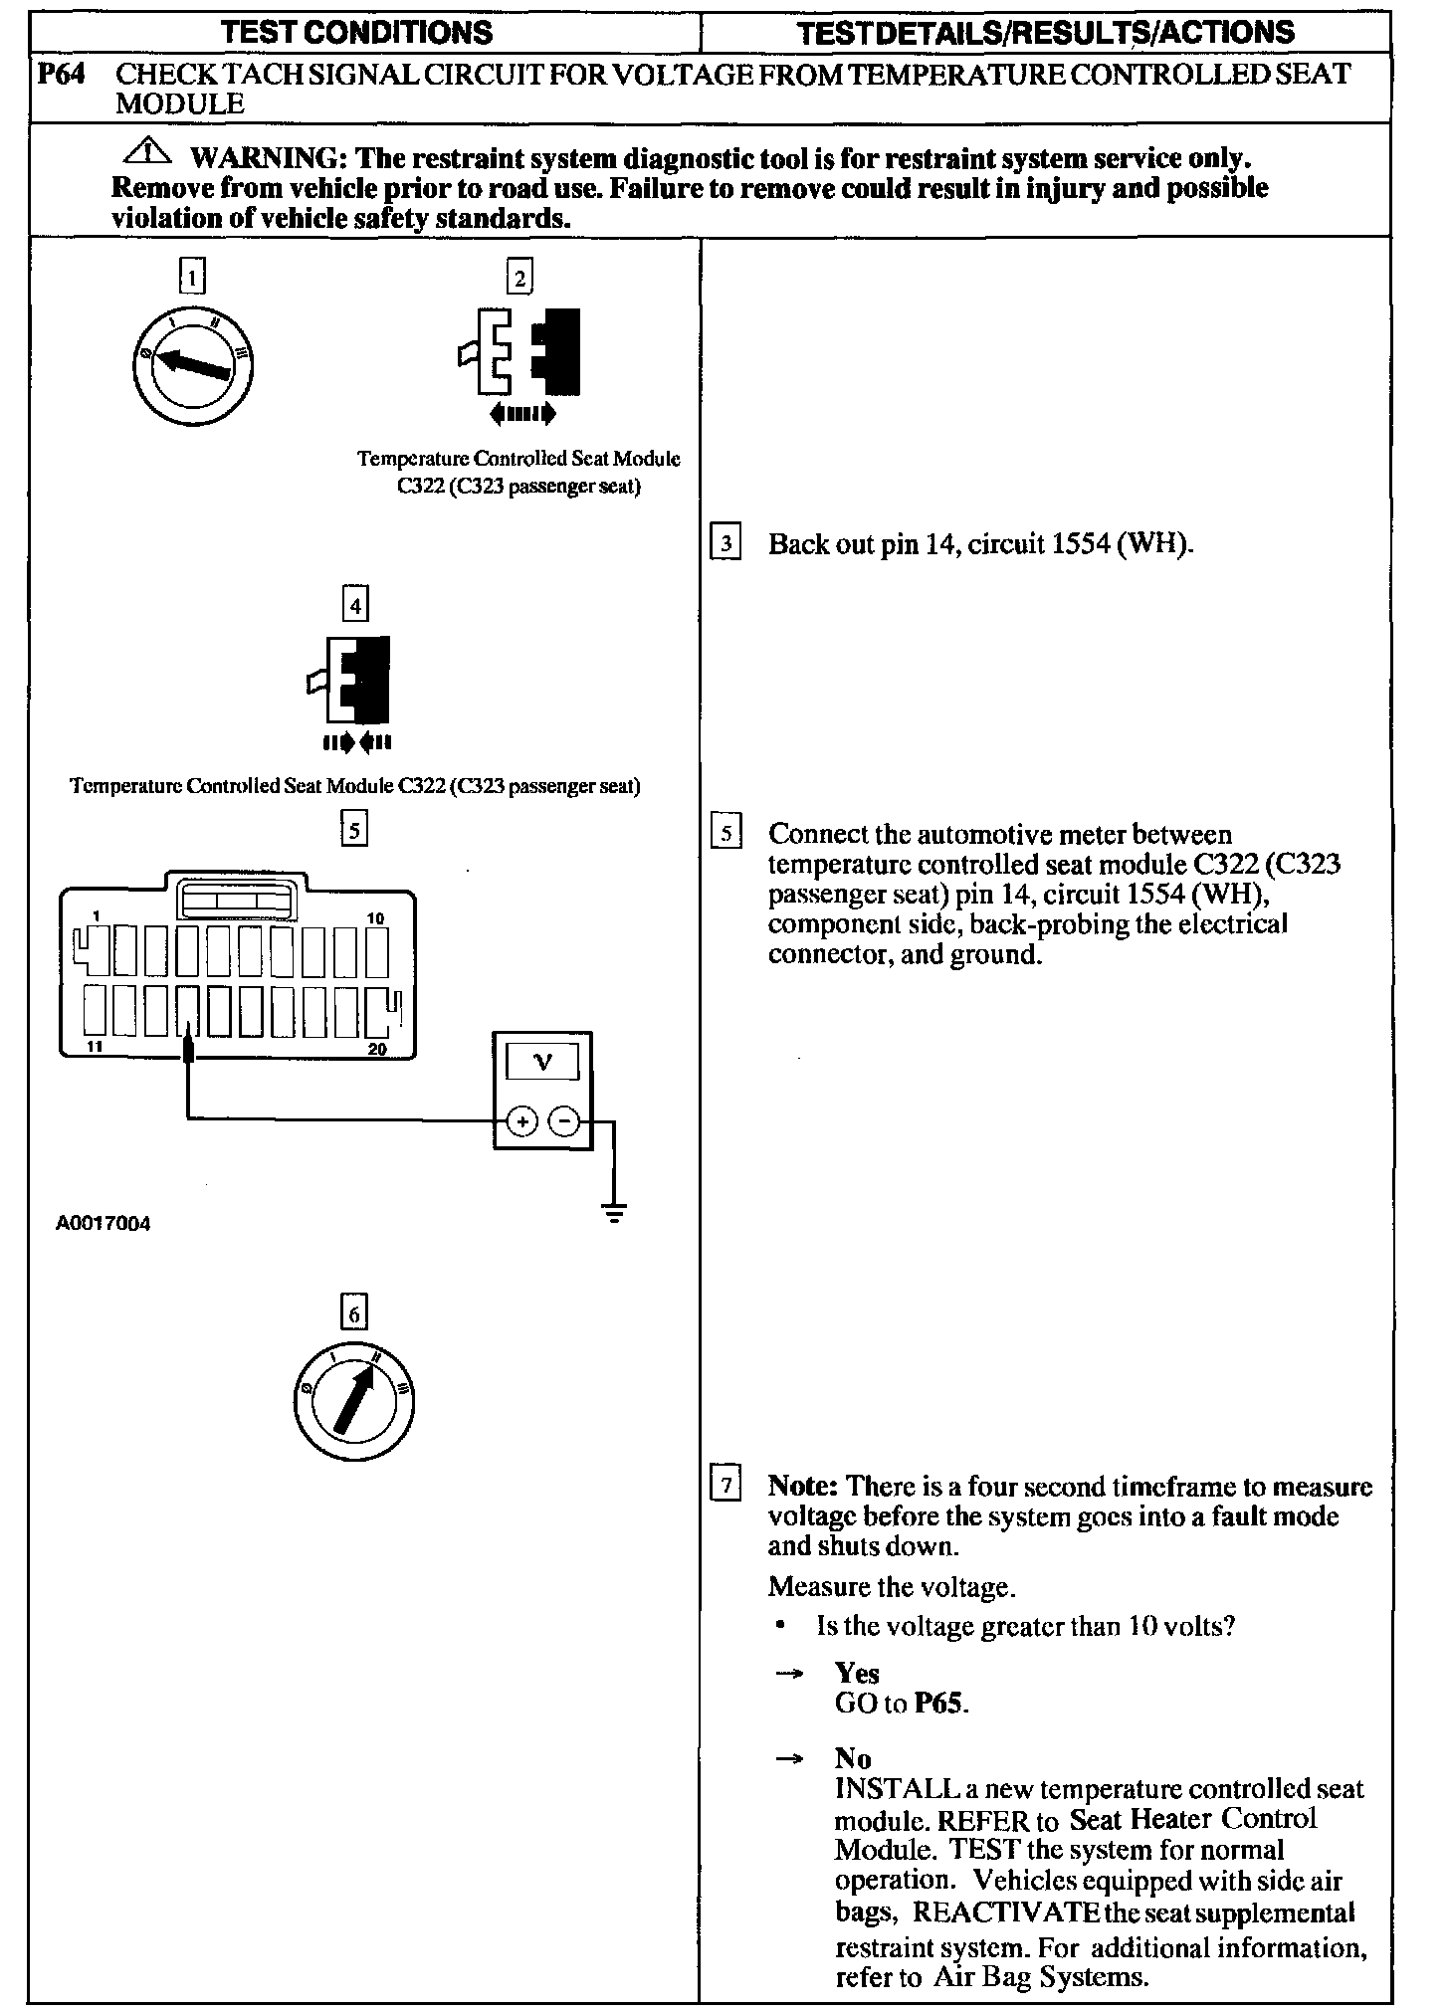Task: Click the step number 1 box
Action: tap(193, 276)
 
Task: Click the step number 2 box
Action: tap(519, 276)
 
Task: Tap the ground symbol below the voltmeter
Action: tap(614, 1214)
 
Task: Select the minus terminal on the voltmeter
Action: tap(563, 1122)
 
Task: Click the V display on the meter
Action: tap(542, 1063)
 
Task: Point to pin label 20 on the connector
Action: tap(376, 1048)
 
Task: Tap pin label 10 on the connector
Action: tap(375, 917)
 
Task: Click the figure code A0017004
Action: tap(103, 1224)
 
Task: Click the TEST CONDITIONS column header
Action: tap(357, 32)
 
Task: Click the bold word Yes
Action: tap(857, 1673)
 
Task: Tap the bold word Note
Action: tap(803, 1487)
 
